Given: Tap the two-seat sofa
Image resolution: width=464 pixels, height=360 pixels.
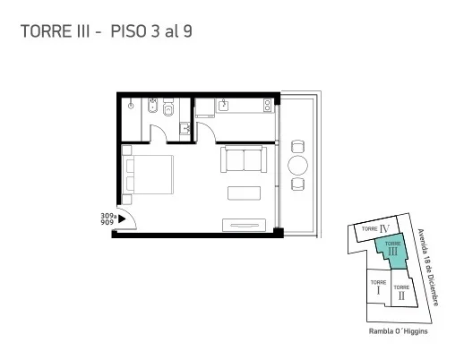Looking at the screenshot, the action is [244, 159].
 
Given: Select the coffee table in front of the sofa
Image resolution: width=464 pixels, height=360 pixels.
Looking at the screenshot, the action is [244, 193].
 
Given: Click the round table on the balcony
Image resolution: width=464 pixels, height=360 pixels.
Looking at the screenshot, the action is [297, 165].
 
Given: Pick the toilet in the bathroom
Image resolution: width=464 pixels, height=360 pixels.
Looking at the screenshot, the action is [168, 107].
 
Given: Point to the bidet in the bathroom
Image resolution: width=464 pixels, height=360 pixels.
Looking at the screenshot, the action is [153, 106].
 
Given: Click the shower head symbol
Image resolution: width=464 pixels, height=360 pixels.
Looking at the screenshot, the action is [131, 105].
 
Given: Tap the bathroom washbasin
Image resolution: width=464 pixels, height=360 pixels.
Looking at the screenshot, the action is [185, 129].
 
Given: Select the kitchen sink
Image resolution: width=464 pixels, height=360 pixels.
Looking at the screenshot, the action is [223, 105].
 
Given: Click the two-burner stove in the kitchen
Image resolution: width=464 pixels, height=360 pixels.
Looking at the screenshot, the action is [267, 106].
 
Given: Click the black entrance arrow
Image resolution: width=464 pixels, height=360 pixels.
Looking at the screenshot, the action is [122, 219].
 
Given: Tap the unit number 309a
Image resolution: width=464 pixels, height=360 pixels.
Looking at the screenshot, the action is [108, 216].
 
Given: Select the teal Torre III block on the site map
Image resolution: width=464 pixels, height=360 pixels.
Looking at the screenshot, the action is [391, 251].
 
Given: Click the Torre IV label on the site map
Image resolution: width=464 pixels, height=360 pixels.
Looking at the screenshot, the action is [375, 229].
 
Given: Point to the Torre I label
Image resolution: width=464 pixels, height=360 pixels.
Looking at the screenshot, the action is [378, 287].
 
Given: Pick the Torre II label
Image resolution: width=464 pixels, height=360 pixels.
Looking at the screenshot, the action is [401, 292].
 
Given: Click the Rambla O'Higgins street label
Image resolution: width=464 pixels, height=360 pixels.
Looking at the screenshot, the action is [398, 331].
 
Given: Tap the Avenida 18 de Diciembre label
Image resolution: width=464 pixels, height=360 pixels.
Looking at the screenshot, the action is [428, 267].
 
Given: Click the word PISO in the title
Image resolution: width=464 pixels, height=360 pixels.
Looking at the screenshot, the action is [129, 31].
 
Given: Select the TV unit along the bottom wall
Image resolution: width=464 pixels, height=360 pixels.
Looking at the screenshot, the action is [245, 226].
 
